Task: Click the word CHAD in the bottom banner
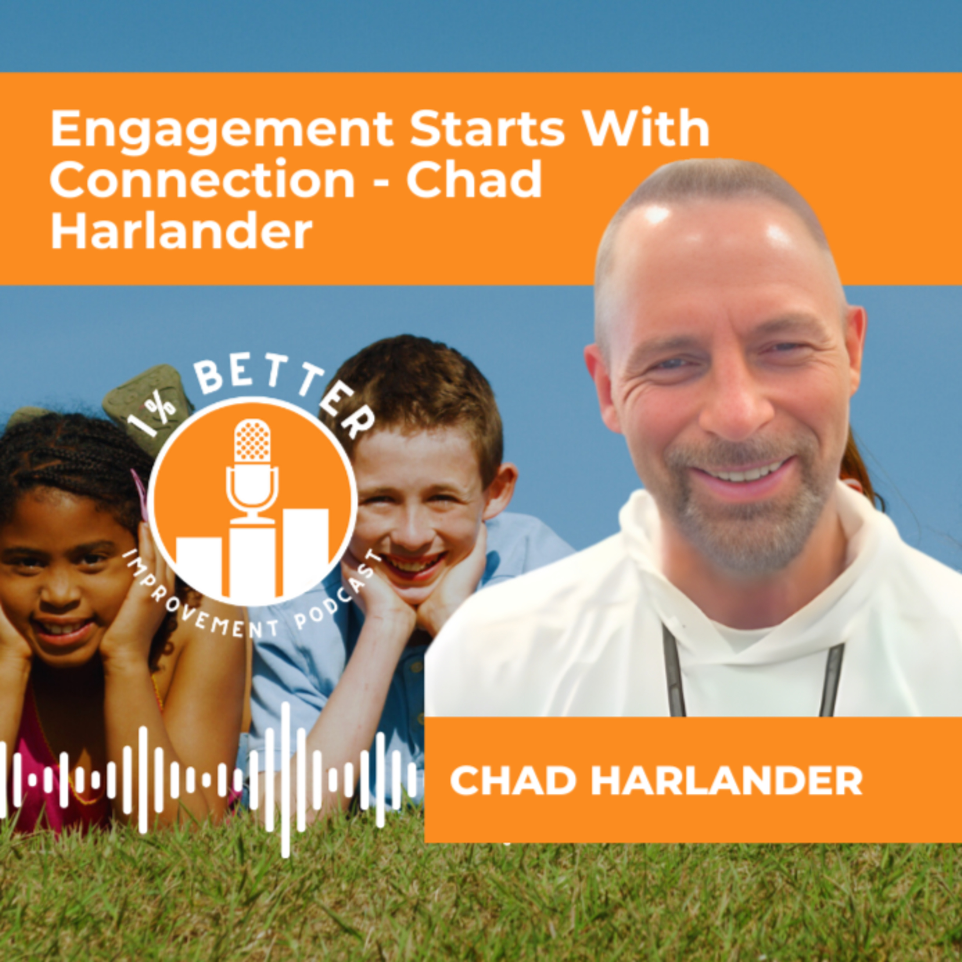click(x=513, y=781)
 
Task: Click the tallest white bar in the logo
click(x=252, y=560)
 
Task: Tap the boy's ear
click(x=498, y=491)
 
